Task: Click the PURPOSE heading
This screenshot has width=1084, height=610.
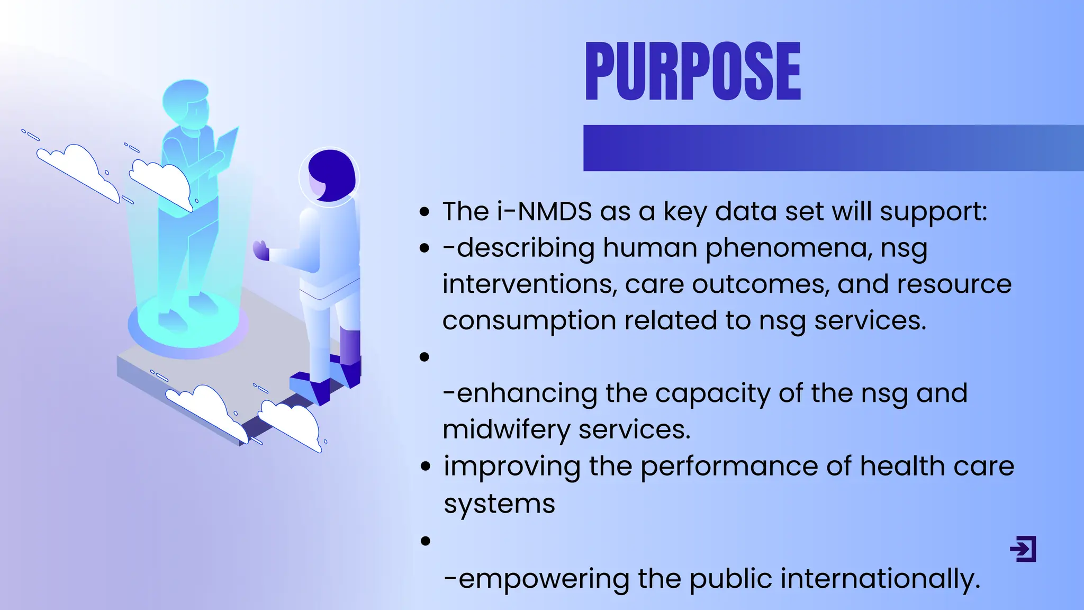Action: [x=692, y=71]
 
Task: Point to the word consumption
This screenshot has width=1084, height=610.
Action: [x=529, y=321]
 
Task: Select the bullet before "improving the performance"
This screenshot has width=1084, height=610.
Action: [x=425, y=467]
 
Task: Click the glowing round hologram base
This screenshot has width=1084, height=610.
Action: [x=188, y=326]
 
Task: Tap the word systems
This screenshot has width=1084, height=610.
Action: [x=499, y=504]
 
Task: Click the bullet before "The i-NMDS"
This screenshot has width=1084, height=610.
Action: [x=424, y=212]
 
